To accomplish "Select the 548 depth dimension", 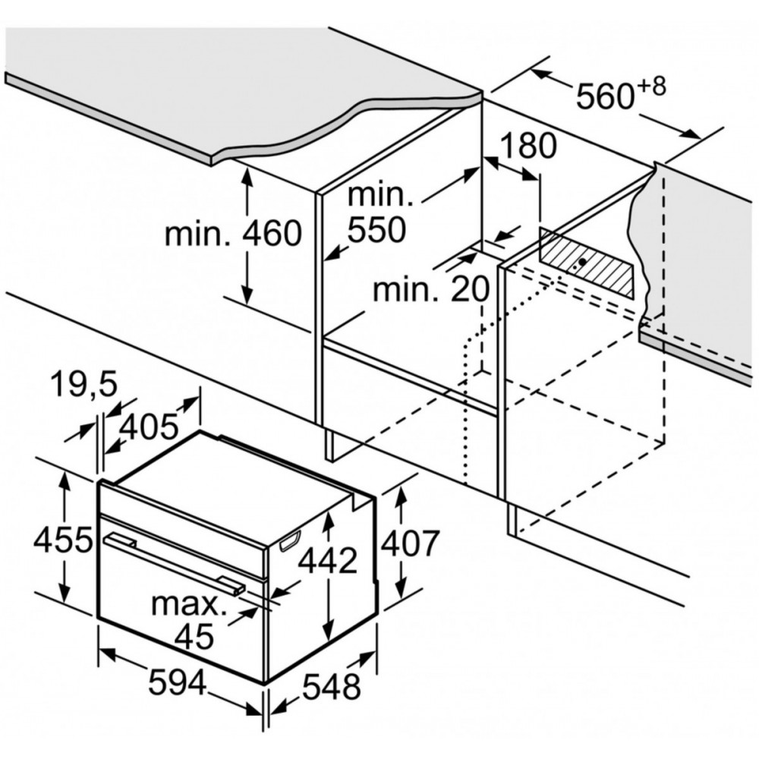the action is coord(332,686).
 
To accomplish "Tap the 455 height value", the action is coord(62,540).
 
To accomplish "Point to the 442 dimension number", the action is coord(328,561).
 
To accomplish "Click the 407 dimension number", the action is coord(410,543).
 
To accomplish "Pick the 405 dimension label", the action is coord(149,428).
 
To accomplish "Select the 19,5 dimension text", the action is coord(84,385).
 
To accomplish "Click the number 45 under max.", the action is coord(194,636).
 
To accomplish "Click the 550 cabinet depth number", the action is coord(376,229).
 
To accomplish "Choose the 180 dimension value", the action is coord(528,146).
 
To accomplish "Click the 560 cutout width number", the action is coord(605,96).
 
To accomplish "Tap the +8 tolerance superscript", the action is coord(651,87).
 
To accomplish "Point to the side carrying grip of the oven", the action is coord(289,541).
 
